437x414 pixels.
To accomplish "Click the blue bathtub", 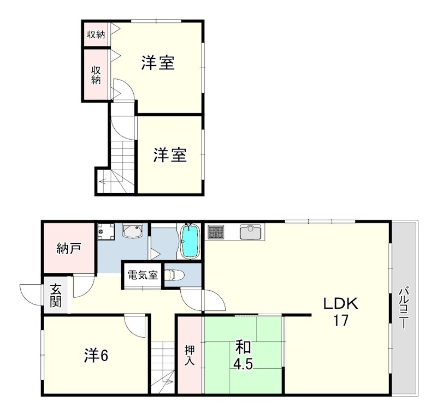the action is [x=191, y=241].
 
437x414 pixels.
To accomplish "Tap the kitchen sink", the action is [x=250, y=232].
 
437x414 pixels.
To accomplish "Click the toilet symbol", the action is [x=174, y=275].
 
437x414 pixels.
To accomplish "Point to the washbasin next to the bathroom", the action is [x=133, y=231].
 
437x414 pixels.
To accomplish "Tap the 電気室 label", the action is [x=143, y=275].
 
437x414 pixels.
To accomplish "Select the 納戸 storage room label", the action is [x=69, y=249].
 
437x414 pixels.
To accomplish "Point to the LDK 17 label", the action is [x=340, y=311].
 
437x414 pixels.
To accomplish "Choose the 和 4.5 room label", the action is [x=243, y=355].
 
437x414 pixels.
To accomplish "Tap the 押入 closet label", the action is [x=190, y=356].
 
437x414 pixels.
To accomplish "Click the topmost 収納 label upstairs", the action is [x=96, y=35].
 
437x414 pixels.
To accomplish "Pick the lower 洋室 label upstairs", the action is [x=170, y=155].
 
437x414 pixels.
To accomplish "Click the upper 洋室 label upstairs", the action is [x=158, y=63].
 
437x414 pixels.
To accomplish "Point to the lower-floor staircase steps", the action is [x=163, y=367].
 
